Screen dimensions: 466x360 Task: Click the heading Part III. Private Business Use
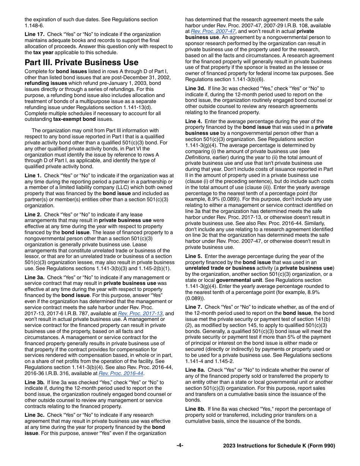81,63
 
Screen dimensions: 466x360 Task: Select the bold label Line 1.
32,175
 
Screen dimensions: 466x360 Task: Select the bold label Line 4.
193,121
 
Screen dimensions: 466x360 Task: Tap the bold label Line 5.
193,256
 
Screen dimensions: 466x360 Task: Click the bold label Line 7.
193,307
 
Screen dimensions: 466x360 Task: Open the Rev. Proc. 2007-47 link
213,31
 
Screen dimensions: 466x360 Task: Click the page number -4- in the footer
180,446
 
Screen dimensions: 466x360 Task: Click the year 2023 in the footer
230,446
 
